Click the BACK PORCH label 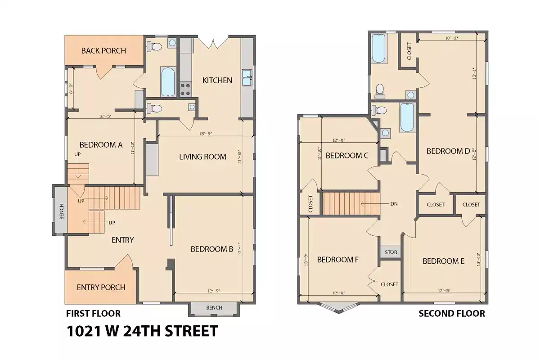pos(103,50)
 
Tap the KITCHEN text pos(217,81)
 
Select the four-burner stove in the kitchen pos(185,89)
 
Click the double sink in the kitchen pos(247,78)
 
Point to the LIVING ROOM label pos(202,157)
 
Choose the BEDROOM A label pos(101,145)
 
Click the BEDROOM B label pos(211,249)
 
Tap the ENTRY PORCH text pos(101,288)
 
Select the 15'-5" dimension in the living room pos(205,134)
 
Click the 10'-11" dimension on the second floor pos(451,38)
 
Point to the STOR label pos(391,252)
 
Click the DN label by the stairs pos(393,203)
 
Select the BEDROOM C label pos(347,156)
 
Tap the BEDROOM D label pos(448,151)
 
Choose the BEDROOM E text pos(443,261)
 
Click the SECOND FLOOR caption pos(452,314)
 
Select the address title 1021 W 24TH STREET pos(142,331)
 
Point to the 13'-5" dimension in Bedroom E pos(443,291)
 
